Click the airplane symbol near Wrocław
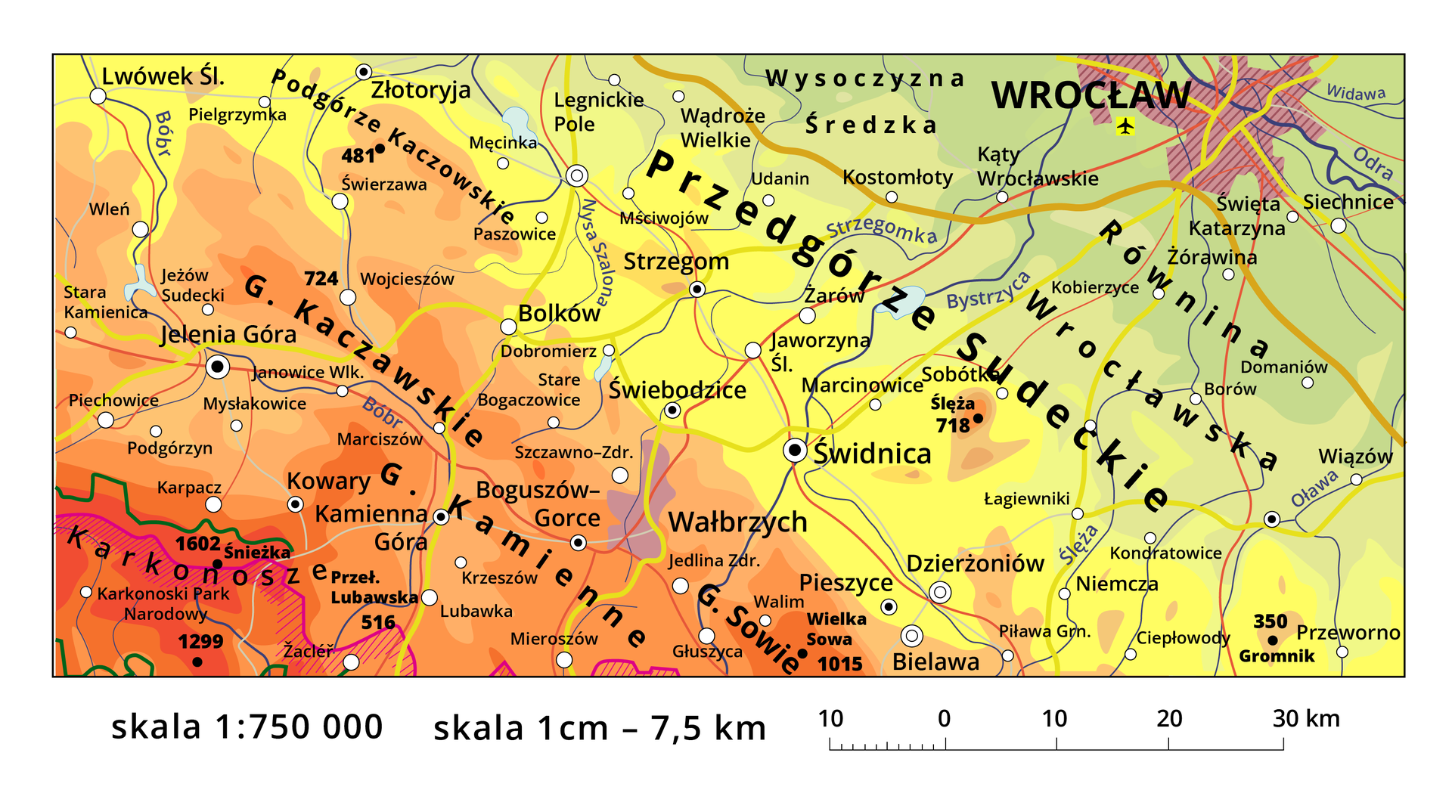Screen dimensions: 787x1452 [1125, 126]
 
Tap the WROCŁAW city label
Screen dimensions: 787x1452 [1090, 96]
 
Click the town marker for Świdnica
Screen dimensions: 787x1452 [795, 451]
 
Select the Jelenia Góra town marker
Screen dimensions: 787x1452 [218, 367]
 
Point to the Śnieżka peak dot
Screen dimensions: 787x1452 [218, 563]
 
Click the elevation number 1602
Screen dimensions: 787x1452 [197, 544]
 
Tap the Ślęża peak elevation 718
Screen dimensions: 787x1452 [952, 426]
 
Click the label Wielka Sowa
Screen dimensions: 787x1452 [836, 629]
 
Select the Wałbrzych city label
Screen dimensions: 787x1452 [737, 522]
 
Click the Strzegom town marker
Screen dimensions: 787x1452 [697, 290]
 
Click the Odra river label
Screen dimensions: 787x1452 [1373, 163]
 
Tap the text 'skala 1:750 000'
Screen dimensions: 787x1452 [247, 727]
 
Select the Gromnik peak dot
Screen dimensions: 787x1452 [1273, 640]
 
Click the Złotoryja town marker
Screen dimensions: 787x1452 [364, 72]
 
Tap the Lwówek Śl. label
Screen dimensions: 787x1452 [163, 76]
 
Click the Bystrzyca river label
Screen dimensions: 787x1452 [988, 290]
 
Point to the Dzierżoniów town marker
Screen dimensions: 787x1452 [940, 593]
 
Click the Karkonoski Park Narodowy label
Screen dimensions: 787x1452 [163, 603]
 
